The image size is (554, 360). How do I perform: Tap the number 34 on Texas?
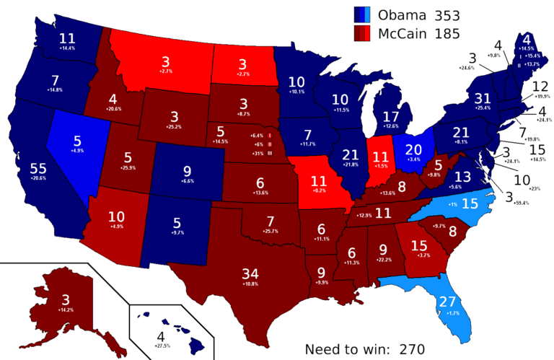pyautogui.click(x=251, y=273)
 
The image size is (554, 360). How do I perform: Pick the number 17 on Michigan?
pyautogui.click(x=390, y=115)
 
